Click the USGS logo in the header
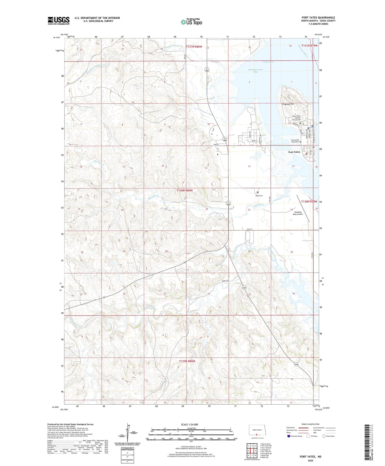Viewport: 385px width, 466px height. pyautogui.click(x=58, y=21)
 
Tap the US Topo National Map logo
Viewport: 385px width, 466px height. pyautogui.click(x=191, y=22)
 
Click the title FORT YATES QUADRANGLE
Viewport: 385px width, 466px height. pyautogui.click(x=318, y=18)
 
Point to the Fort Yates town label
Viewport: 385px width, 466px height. pyautogui.click(x=294, y=152)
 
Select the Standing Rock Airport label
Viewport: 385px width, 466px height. pyautogui.click(x=298, y=213)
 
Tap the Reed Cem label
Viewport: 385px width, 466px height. pyautogui.click(x=259, y=196)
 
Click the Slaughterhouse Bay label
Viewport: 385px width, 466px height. pyautogui.click(x=255, y=71)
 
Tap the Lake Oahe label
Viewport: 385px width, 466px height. pyautogui.click(x=268, y=62)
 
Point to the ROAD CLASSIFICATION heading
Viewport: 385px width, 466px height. pyautogui.click(x=310, y=424)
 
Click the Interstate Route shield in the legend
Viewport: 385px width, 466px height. pyautogui.click(x=289, y=436)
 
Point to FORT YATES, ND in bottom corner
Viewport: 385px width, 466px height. pyautogui.click(x=310, y=457)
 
